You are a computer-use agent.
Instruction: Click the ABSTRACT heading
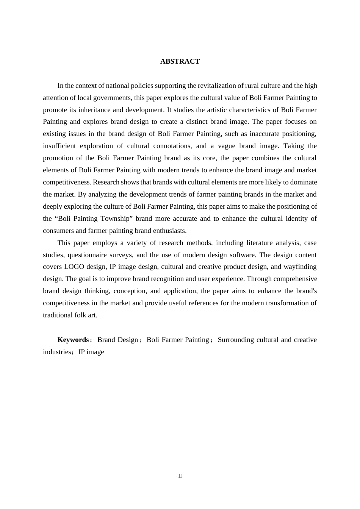pyautogui.click(x=180, y=61)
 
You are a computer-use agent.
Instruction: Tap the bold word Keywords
pyautogui.click(x=73, y=340)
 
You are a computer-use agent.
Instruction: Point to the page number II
pyautogui.click(x=180, y=476)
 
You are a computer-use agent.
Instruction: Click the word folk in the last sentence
pyautogui.click(x=81, y=315)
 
